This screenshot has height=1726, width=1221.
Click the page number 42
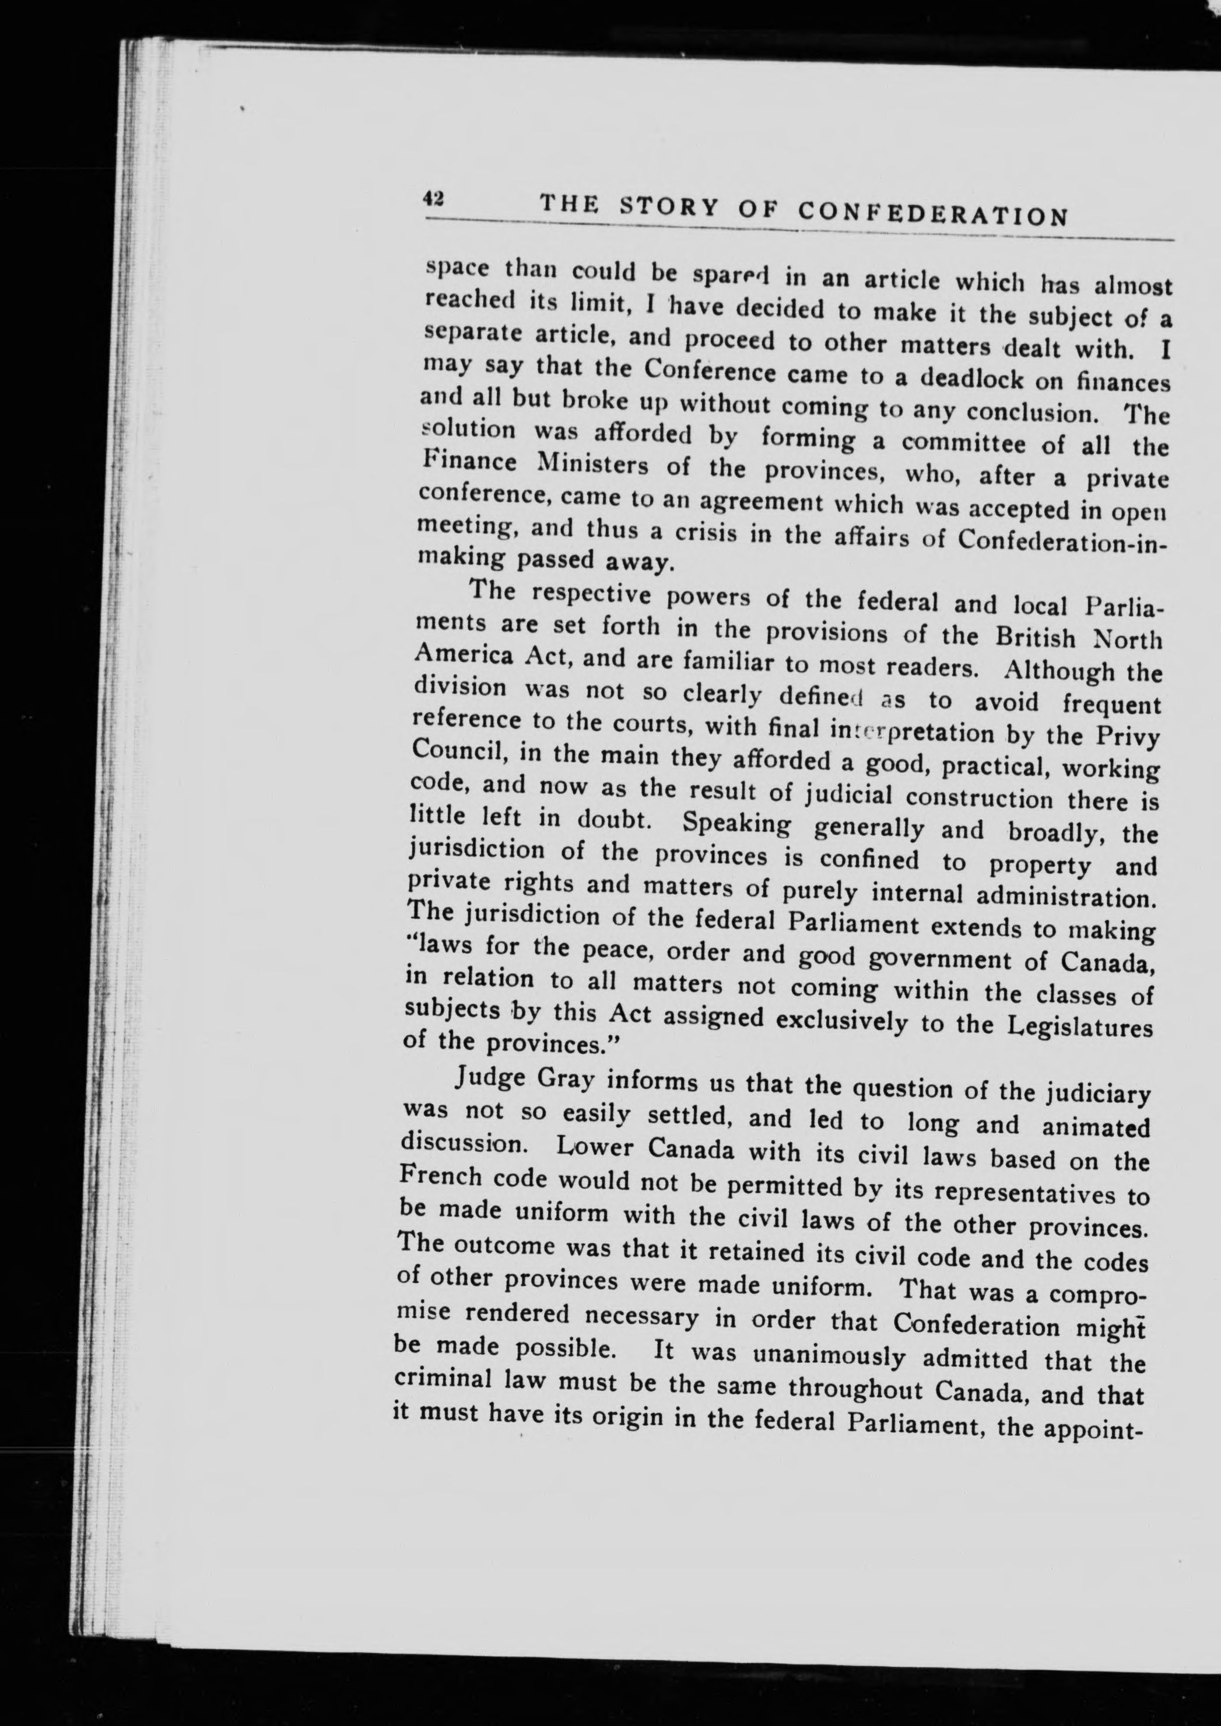coord(433,199)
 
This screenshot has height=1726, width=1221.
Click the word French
coord(441,1176)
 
